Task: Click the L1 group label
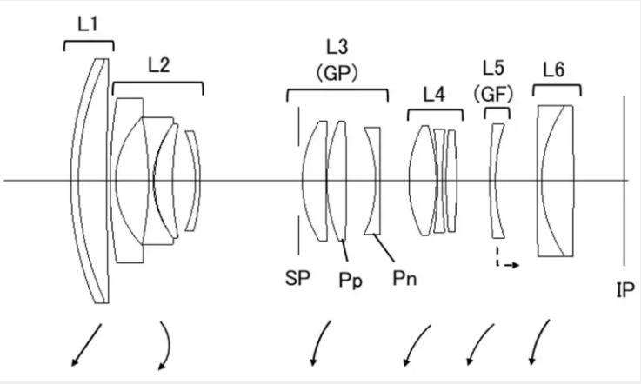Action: pos(88,24)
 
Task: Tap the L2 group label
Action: pos(158,65)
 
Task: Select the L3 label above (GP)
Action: pos(337,47)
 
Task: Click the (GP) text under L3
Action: pos(337,74)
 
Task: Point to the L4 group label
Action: pos(434,95)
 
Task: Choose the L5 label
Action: pos(493,68)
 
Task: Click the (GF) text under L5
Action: pos(493,95)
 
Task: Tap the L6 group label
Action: pos(554,70)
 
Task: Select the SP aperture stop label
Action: pos(297,278)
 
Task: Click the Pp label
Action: pos(351,281)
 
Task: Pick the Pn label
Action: pos(404,278)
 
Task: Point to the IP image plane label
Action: pos(625,289)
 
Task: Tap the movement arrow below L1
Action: pos(86,345)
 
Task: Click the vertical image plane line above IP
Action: pos(624,181)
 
